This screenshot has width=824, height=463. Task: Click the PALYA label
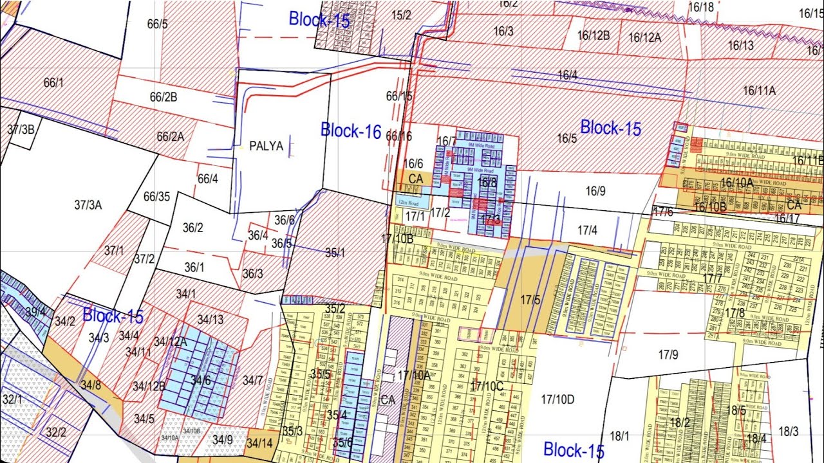266,146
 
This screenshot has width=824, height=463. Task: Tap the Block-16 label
351,131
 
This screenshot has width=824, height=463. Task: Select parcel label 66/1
54,82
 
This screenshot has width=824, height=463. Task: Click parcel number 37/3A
88,205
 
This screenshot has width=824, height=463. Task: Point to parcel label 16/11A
759,91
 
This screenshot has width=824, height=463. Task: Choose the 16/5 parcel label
566,138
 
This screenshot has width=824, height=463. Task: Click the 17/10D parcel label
557,400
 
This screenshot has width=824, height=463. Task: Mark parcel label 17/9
668,354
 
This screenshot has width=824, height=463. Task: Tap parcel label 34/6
200,380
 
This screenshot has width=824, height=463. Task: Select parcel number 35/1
335,253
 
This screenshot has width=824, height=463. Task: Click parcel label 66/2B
164,97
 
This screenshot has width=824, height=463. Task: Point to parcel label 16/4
567,75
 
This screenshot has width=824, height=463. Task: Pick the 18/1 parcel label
619,437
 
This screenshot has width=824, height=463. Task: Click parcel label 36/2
193,228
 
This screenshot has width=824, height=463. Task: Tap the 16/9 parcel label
595,190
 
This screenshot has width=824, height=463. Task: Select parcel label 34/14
259,443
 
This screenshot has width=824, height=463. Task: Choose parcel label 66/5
157,24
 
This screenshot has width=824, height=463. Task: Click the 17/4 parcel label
587,230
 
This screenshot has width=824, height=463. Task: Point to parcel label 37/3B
21,129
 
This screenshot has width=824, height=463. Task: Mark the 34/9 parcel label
222,440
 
